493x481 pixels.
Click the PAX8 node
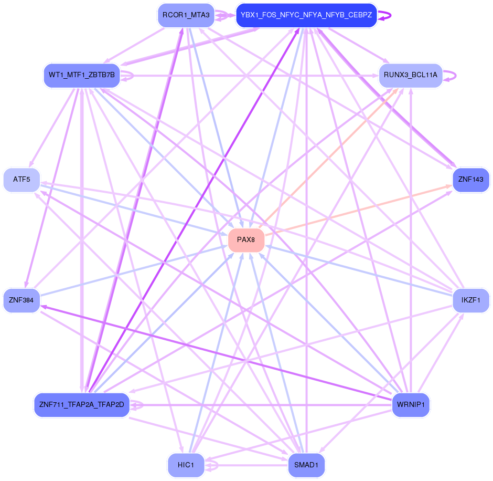coord(246,240)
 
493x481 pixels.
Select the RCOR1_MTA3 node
coord(186,15)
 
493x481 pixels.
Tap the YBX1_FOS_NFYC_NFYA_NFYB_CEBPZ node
coord(306,15)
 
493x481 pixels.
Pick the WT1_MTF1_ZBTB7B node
coord(82,75)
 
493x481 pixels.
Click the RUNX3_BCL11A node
coord(410,75)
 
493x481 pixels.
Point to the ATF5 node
coord(22,180)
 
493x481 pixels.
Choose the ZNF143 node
coord(470,180)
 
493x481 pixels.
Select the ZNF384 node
coord(22,300)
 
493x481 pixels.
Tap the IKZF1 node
coord(470,300)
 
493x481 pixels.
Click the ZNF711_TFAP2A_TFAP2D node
coord(82,405)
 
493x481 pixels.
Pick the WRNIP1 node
coord(411,405)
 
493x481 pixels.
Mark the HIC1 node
coord(186,465)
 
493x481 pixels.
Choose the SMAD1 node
coord(306,465)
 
